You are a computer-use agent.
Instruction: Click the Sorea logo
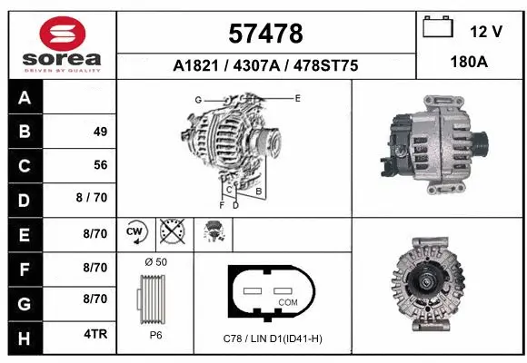click(61, 43)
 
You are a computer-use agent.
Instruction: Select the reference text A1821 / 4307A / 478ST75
click(265, 65)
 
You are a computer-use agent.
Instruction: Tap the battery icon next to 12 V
click(439, 29)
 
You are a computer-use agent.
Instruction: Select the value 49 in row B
click(100, 132)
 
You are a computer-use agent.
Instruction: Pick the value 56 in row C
click(100, 165)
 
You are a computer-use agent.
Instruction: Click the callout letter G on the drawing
click(197, 99)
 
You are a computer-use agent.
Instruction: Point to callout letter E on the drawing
click(297, 96)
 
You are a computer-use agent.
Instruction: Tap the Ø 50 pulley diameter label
click(154, 263)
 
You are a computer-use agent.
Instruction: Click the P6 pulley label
click(155, 334)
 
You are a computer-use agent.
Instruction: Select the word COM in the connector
click(287, 301)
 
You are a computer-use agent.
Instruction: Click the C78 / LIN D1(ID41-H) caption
click(273, 339)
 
